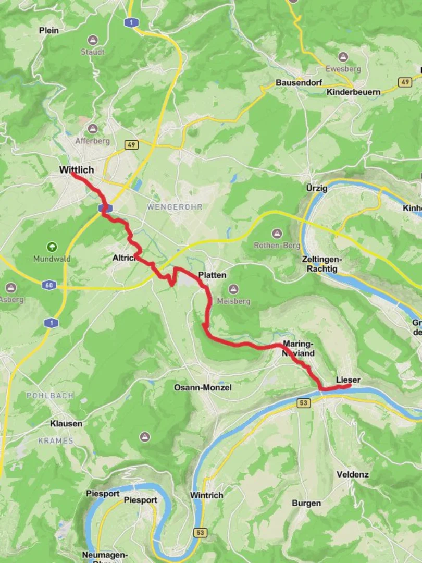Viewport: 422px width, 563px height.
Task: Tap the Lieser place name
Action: tap(348, 380)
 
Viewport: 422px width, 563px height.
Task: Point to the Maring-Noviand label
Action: tap(299, 348)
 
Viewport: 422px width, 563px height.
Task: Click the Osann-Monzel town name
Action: tap(203, 387)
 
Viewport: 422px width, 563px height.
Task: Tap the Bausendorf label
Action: tap(299, 83)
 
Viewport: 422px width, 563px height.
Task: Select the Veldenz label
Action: tap(353, 474)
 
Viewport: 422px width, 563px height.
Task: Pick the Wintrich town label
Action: tap(207, 495)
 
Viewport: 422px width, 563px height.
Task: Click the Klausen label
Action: tap(66, 424)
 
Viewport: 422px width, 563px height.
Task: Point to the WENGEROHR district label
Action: tap(175, 207)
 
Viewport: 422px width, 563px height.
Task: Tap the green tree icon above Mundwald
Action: tap(52, 247)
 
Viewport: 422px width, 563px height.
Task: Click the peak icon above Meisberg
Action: tap(233, 289)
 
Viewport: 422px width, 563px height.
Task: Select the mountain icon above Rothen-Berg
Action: tap(277, 233)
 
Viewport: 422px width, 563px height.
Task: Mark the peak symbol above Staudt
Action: tap(93, 40)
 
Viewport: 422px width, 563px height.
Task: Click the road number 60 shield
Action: tap(48, 285)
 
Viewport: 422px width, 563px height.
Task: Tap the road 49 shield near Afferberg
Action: tap(131, 144)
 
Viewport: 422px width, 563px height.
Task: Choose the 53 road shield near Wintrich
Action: tap(200, 532)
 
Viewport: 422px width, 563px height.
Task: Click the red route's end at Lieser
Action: tap(348, 386)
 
